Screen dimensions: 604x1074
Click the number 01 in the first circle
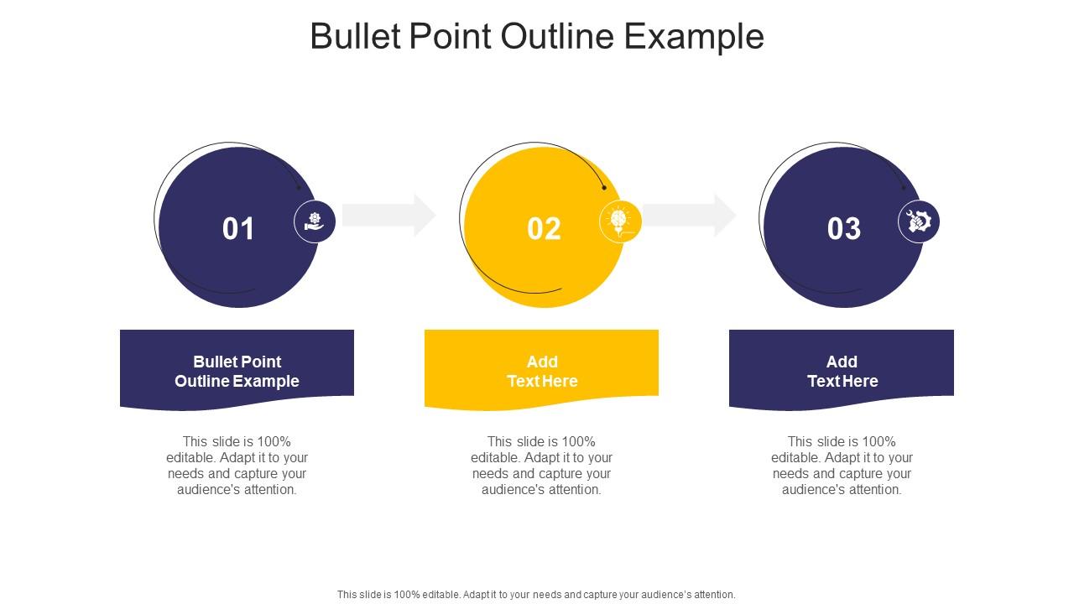(x=238, y=229)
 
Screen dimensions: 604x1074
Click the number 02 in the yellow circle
(x=544, y=229)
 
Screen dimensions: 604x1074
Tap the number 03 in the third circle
(x=844, y=229)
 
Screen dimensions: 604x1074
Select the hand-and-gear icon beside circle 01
(x=315, y=221)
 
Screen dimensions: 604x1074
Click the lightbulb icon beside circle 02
(x=620, y=221)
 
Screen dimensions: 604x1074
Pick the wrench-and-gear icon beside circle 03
(x=919, y=221)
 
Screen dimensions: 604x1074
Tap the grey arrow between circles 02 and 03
(x=689, y=215)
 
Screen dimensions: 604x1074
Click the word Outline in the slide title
(x=566, y=37)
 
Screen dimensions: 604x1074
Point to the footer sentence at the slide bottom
(x=536, y=594)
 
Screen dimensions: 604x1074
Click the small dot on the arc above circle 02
(x=604, y=188)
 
